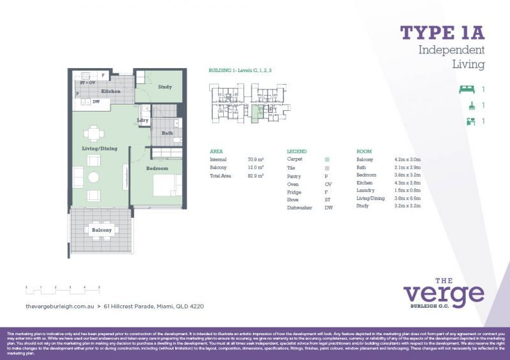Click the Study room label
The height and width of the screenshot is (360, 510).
tap(165, 87)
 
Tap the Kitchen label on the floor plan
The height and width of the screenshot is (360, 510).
tap(111, 92)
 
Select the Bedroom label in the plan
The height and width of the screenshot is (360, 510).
tap(157, 168)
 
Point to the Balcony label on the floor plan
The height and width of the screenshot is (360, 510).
tap(101, 230)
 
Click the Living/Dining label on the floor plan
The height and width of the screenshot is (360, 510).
tap(99, 148)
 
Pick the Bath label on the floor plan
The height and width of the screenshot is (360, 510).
tap(167, 133)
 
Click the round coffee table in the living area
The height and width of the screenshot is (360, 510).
tap(94, 177)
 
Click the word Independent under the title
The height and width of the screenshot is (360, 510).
tap(451, 50)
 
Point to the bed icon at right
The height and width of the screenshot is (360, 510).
tap(467, 90)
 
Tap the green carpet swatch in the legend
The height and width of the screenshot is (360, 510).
tap(327, 159)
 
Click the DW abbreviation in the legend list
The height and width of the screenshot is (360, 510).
tap(328, 208)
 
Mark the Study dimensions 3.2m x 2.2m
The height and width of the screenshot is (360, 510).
tap(407, 206)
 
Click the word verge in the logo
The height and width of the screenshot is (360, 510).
tap(444, 294)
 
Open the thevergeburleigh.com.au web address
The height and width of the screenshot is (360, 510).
tap(59, 306)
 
